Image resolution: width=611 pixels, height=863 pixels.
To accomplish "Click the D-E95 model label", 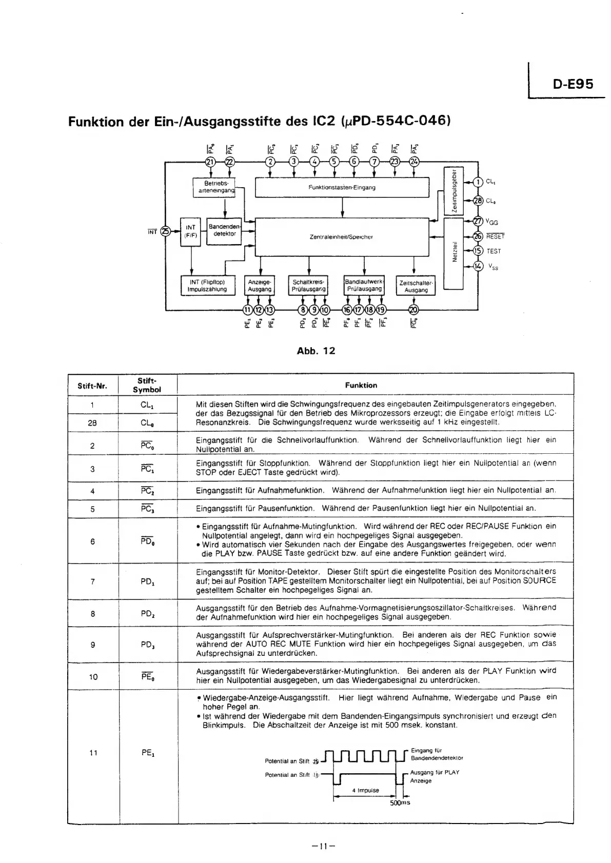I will [x=573, y=84].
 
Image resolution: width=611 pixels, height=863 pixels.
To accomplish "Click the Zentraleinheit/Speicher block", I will [x=341, y=237].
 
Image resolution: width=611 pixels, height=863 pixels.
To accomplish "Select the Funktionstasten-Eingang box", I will [x=342, y=187].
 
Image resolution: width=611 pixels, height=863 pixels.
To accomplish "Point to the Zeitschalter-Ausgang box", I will [x=416, y=286].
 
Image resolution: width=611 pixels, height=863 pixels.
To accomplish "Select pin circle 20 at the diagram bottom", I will [x=413, y=309].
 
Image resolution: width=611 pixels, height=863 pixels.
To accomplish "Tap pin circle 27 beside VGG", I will [x=478, y=222].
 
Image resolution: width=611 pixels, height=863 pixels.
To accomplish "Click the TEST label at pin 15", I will [x=494, y=251].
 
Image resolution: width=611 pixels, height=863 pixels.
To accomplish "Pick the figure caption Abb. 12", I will [x=316, y=351].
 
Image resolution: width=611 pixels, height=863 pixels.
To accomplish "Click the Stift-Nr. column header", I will [x=92, y=386].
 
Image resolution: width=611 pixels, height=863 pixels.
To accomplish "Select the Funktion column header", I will [x=361, y=385].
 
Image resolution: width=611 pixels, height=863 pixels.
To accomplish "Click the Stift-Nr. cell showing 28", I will [x=92, y=423].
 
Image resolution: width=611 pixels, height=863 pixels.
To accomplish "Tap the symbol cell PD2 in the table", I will [x=147, y=613].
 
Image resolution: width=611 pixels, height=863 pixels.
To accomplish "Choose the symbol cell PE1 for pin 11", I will [x=148, y=753].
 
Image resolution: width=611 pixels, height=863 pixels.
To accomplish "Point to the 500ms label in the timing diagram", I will [x=400, y=802].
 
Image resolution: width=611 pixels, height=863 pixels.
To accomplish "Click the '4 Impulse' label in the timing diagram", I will [x=365, y=790].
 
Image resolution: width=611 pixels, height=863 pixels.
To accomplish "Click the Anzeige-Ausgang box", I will [x=259, y=286].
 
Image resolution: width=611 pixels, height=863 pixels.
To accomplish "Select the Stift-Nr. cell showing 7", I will [x=92, y=581].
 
